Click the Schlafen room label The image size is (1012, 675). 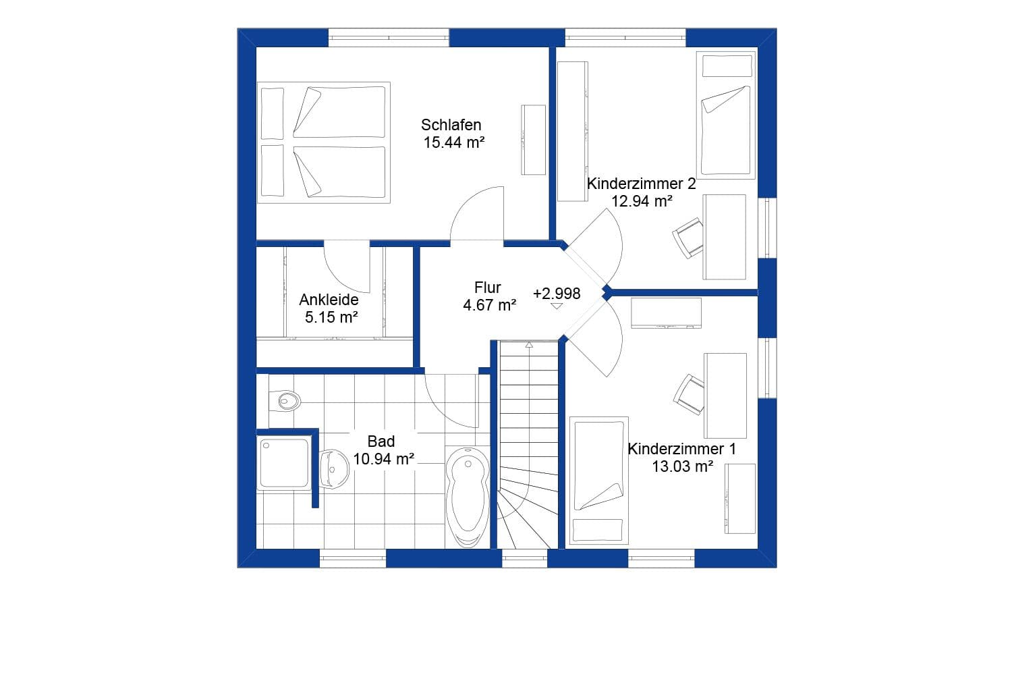click(451, 125)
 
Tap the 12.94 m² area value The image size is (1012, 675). click(642, 201)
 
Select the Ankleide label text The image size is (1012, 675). click(329, 300)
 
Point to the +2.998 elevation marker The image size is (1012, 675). click(557, 294)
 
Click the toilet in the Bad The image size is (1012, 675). click(285, 401)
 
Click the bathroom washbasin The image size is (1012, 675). click(333, 468)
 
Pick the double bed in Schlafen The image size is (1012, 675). click(323, 142)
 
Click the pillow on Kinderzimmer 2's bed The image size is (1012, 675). click(727, 66)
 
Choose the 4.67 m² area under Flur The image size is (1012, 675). click(489, 305)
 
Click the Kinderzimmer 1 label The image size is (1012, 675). click(681, 449)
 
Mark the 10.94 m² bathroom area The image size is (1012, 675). click(383, 459)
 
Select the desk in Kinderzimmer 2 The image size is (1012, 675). click(725, 236)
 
